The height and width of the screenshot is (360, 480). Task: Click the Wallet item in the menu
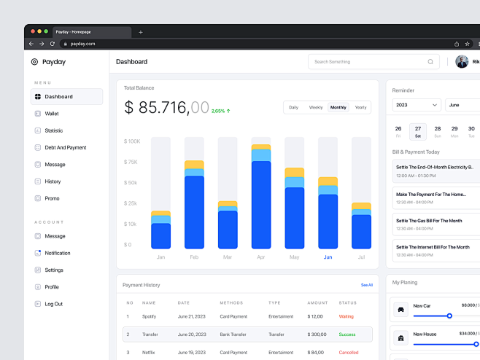(51, 114)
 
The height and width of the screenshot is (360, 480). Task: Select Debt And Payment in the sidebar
(64, 147)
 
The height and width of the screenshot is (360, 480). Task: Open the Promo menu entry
(51, 198)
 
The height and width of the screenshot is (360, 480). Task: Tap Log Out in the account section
(53, 304)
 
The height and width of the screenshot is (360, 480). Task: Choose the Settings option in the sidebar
(53, 270)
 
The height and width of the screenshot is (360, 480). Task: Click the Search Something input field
(368, 62)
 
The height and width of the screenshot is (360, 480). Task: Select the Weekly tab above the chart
(316, 107)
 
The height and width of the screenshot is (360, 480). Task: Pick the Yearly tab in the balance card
(360, 107)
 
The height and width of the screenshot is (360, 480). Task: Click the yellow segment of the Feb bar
(194, 165)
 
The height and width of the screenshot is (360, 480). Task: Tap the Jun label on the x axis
(328, 257)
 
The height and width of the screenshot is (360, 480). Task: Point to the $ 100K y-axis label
(131, 141)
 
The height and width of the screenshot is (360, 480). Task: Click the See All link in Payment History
(366, 285)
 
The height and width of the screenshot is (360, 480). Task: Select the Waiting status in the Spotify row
(347, 316)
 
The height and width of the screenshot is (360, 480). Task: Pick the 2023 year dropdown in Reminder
(417, 105)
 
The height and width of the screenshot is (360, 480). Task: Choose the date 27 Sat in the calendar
(418, 131)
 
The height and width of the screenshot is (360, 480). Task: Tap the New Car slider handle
(449, 316)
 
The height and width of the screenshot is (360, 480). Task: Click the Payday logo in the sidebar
(48, 62)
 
